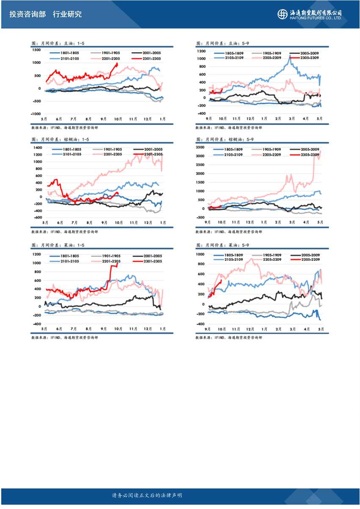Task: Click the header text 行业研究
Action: (x=67, y=14)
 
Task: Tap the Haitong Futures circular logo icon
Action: (x=282, y=14)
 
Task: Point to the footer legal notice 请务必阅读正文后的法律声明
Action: (x=147, y=495)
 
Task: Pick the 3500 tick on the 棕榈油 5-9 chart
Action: (x=200, y=147)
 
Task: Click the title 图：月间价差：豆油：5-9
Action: (x=223, y=43)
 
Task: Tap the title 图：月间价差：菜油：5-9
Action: (x=223, y=245)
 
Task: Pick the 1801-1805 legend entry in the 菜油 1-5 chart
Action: (x=68, y=256)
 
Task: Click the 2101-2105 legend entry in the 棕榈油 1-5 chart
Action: (x=68, y=155)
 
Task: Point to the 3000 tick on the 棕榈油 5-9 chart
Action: (x=200, y=156)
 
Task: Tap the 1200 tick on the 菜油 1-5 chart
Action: (x=37, y=254)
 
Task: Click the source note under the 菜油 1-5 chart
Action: (x=64, y=337)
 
